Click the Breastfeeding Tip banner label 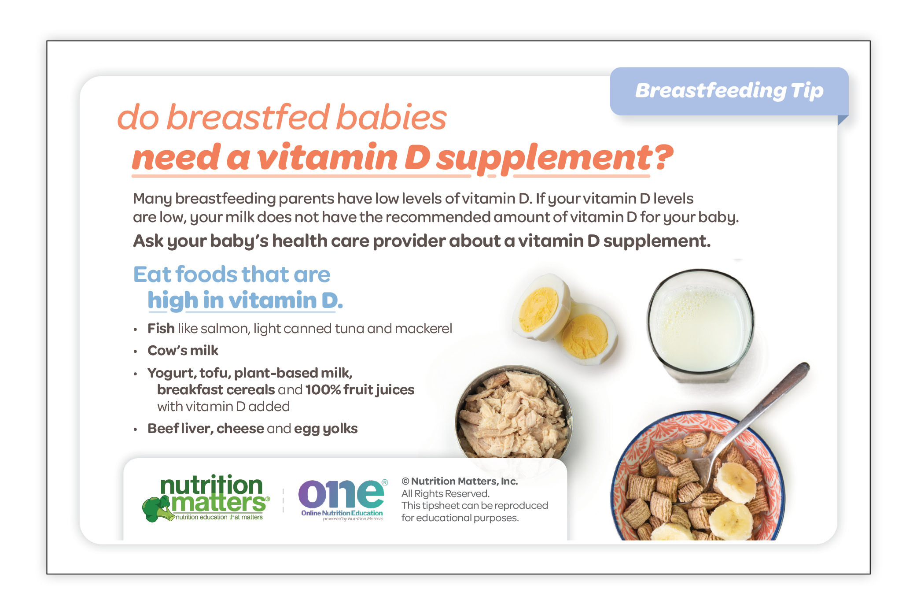tap(729, 91)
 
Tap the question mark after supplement tap(663, 157)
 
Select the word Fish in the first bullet tap(161, 328)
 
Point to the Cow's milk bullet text tap(183, 350)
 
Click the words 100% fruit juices tap(360, 389)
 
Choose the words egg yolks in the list tap(326, 429)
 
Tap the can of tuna tap(514, 412)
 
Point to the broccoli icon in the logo tap(156, 508)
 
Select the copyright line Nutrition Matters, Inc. tap(460, 481)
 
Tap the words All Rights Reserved tap(445, 493)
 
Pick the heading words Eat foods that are tap(232, 274)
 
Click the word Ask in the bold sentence tap(148, 241)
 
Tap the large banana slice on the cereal tap(731, 520)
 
